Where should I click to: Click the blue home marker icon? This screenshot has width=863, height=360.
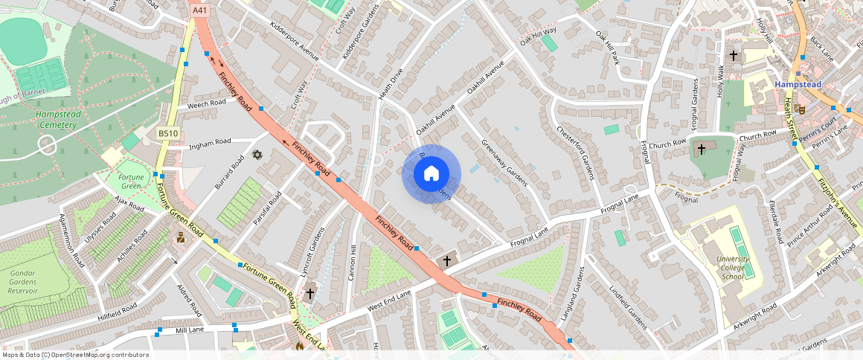tap(431, 174)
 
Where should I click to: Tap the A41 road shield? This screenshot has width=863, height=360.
tap(199, 10)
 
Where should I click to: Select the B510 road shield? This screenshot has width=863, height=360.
tap(167, 133)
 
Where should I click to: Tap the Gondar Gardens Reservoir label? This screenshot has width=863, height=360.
tap(23, 282)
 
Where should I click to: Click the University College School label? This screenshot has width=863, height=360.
tap(732, 267)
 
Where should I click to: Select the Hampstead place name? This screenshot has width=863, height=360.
tap(798, 85)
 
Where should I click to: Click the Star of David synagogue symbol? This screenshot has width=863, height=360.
tap(257, 155)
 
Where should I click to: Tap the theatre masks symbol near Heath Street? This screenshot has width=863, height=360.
tap(800, 109)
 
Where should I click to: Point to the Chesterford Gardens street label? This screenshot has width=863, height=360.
tap(575, 152)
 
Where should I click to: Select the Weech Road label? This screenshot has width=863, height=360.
tap(206, 103)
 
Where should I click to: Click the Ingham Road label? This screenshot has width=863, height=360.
tap(211, 142)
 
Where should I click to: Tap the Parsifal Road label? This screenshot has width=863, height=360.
tap(266, 208)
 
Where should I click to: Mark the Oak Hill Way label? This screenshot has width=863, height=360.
tap(538, 34)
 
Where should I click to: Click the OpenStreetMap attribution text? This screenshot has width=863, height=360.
tap(76, 355)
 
